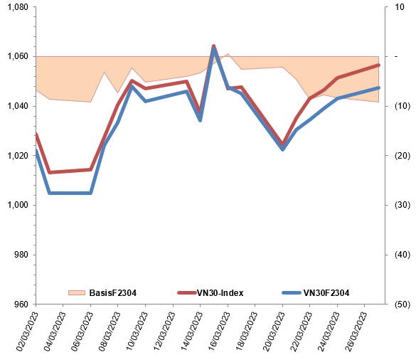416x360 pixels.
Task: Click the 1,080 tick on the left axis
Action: coord(18,7)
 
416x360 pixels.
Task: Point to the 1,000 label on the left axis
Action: coord(18,205)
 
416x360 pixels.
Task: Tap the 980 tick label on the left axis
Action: coord(21,255)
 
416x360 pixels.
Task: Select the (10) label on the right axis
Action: coord(402,106)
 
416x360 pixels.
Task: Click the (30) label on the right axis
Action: coord(402,205)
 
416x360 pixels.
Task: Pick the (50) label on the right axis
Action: coord(402,304)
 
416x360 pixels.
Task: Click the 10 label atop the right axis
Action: coord(399,7)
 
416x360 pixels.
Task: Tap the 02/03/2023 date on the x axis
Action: coord(27,332)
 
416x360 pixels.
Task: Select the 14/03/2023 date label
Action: coord(192,332)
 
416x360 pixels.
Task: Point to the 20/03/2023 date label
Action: coord(274,332)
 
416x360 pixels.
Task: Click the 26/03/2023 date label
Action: coord(356,332)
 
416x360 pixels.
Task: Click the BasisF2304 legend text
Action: coord(113,293)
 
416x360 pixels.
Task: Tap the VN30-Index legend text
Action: coord(220,293)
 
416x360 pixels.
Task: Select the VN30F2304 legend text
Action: coord(326,293)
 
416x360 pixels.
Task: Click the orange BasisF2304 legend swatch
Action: coord(77,293)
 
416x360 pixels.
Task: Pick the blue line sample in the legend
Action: coord(292,293)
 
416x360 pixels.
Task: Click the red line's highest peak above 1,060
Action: coord(213,46)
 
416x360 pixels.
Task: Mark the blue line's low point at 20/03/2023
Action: coord(283,149)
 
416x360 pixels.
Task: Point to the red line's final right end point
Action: coord(378,65)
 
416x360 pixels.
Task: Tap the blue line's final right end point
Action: coord(378,88)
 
